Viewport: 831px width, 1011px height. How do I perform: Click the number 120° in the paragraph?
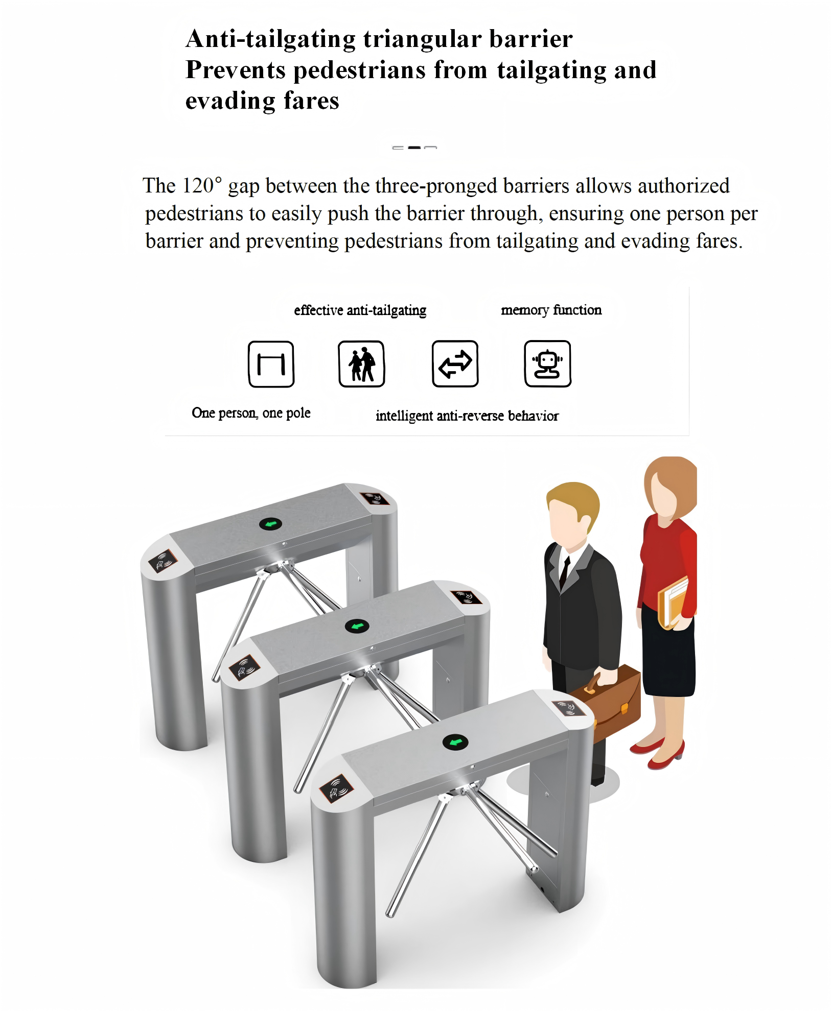(x=202, y=185)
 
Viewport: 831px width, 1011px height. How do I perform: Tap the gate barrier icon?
(x=271, y=364)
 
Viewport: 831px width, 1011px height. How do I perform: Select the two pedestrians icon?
(x=361, y=364)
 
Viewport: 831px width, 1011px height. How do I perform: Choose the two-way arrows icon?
(x=455, y=364)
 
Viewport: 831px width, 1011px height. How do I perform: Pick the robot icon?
(x=547, y=364)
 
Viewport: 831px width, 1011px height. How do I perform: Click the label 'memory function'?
(x=551, y=310)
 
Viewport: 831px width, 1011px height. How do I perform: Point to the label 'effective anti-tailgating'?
(x=360, y=310)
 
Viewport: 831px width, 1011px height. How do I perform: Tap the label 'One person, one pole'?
(x=251, y=413)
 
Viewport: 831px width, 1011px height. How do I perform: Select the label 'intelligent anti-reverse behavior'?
(x=467, y=416)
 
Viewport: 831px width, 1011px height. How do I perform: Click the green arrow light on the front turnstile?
(x=455, y=742)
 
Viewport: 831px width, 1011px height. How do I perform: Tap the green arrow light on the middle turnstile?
(x=357, y=626)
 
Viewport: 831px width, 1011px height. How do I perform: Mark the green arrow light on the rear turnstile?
(x=270, y=524)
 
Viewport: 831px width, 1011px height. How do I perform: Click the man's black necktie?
(x=564, y=572)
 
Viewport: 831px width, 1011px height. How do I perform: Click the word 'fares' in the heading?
(x=311, y=101)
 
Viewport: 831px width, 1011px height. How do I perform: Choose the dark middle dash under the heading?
(x=414, y=148)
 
